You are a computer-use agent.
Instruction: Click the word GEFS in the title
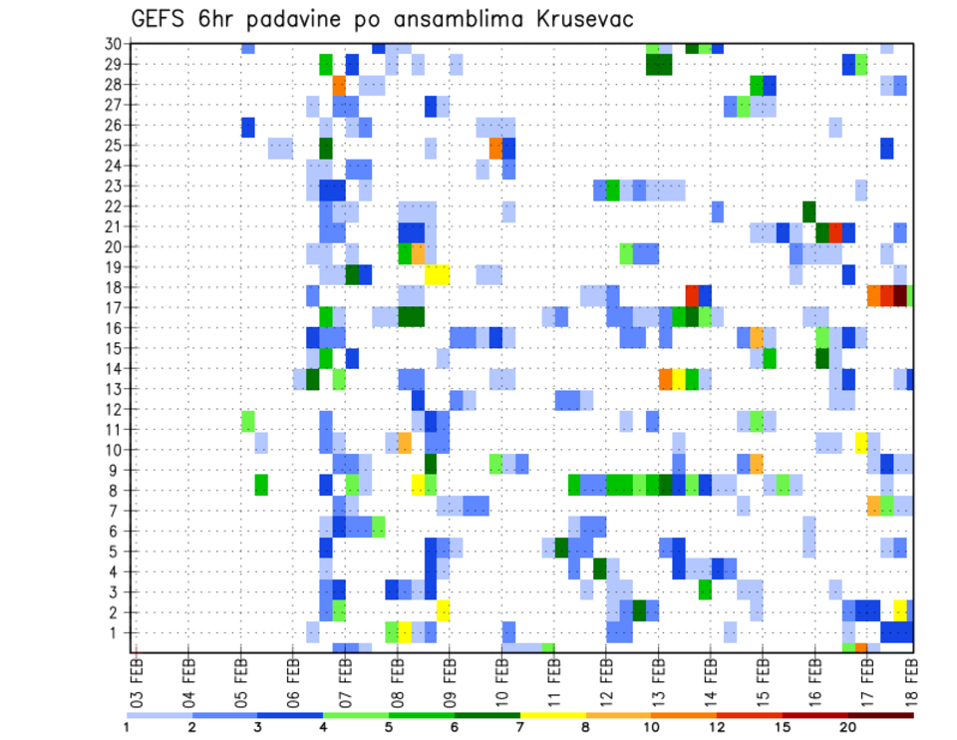pyautogui.click(x=160, y=20)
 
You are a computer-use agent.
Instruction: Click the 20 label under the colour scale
pyautogui.click(x=848, y=727)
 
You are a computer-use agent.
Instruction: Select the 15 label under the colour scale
pyautogui.click(x=783, y=727)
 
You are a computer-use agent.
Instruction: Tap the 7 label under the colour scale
pyautogui.click(x=520, y=727)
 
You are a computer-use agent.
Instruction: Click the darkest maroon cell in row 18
pyautogui.click(x=900, y=295)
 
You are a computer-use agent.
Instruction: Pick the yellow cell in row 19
pyautogui.click(x=437, y=274)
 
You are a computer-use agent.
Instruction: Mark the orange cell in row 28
pyautogui.click(x=339, y=85)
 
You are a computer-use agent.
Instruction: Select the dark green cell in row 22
pyautogui.click(x=808, y=211)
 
